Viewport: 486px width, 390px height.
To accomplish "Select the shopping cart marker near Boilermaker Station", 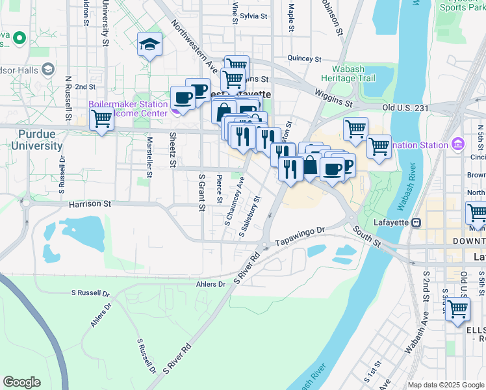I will pos(101,120).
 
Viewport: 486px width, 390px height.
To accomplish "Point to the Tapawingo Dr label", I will pos(299,235).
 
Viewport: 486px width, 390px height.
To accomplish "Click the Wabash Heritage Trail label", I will pos(353,73).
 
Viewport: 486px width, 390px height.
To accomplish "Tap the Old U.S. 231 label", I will pos(406,107).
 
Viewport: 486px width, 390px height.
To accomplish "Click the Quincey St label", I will pos(304,58).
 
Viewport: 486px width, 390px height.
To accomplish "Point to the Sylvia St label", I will pos(253,16).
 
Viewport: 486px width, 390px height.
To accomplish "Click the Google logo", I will pos(21,382).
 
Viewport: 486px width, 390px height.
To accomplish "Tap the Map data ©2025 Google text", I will pos(445,385).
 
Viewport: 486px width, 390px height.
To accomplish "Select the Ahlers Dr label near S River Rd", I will pos(210,284).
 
